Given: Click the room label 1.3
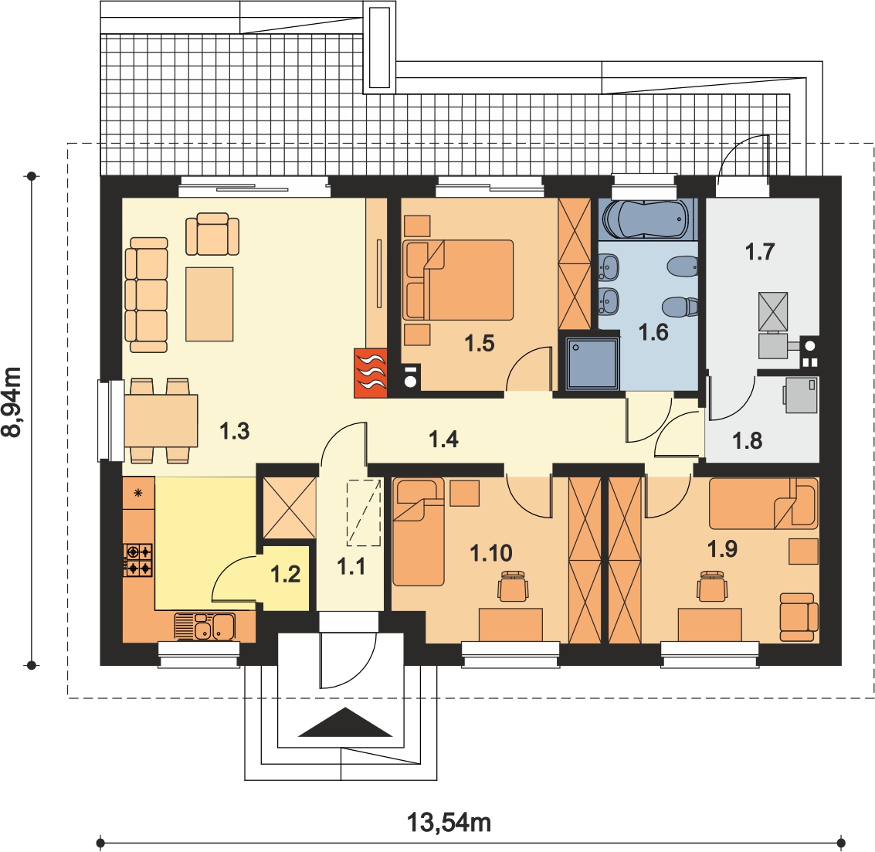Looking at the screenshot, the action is point(234,431).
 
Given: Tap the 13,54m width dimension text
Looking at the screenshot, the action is point(449,823).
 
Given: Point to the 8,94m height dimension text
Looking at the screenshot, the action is point(12,402).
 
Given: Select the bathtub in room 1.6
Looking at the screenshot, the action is point(647,219).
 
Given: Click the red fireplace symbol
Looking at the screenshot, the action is point(371,373).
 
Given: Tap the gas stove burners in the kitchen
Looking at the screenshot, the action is point(137,560).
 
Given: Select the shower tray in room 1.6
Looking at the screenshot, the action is point(592,364).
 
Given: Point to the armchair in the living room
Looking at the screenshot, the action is point(212,234).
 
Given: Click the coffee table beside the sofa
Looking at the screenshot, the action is point(209,304).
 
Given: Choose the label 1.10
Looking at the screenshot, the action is point(491,553).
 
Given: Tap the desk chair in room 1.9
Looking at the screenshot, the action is point(712,586).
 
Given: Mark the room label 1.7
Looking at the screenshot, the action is point(759,252).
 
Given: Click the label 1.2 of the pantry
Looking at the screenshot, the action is point(286,574).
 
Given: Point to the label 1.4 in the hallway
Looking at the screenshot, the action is point(443,440).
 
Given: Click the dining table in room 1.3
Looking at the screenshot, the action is point(161,420).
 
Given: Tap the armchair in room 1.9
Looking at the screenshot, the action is point(799,617).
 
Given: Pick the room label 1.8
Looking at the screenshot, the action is point(748,441).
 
